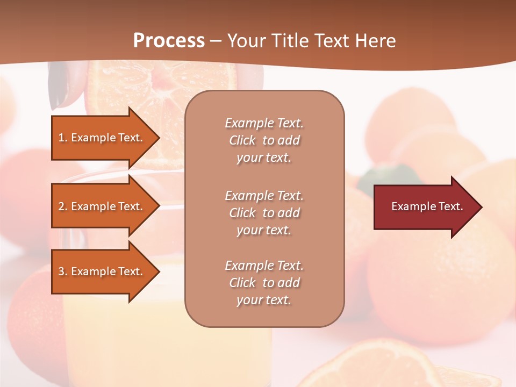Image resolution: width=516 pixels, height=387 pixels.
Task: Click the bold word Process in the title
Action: tap(169, 40)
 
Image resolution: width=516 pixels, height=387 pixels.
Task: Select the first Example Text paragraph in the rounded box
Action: tap(264, 140)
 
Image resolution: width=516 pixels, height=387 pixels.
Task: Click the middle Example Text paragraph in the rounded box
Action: tap(264, 212)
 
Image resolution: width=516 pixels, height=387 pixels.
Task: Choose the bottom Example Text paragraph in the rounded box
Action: tap(264, 283)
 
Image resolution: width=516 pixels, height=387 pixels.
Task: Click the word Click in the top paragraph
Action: tap(242, 140)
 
